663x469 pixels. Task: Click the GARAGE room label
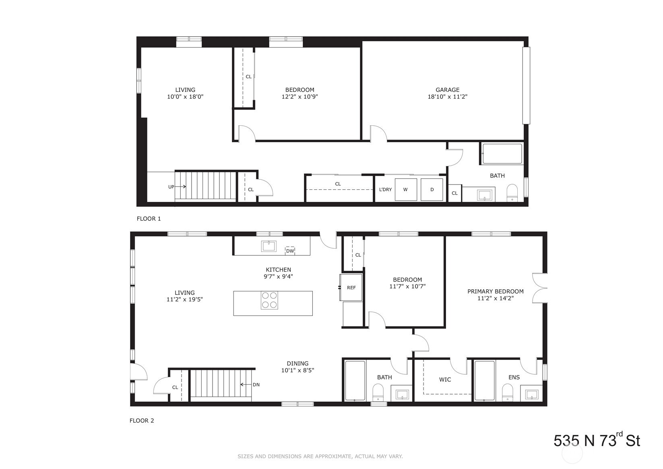pos(447,90)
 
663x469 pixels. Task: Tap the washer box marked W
pos(405,189)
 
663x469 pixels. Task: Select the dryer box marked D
pos(432,189)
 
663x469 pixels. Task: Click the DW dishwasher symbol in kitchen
pos(290,251)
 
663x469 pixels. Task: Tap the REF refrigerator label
pos(351,288)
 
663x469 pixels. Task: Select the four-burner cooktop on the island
pos(269,300)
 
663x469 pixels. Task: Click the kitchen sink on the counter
pos(269,246)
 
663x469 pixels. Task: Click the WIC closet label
pos(445,380)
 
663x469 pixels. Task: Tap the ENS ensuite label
pos(514,378)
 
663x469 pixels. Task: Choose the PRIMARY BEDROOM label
pos(495,291)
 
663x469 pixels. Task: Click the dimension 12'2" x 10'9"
pos(299,97)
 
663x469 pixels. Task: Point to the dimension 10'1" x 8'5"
pos(297,370)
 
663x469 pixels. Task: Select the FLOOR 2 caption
pos(142,421)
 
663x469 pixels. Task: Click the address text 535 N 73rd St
pos(597,440)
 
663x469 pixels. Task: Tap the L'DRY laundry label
pos(385,189)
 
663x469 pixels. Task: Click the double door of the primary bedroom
pos(539,288)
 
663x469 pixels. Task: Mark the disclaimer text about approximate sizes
pos(320,457)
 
